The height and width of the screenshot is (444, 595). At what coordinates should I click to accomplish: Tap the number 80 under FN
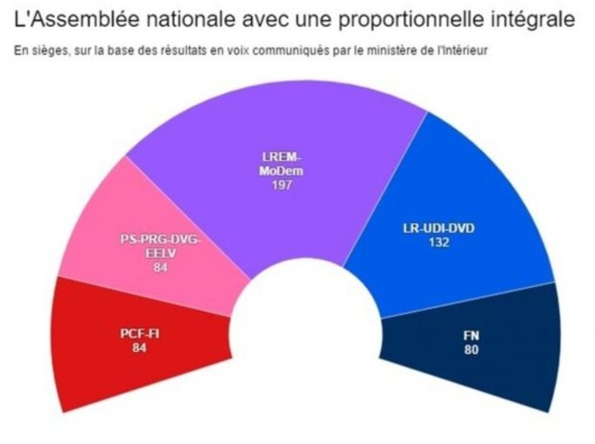(x=471, y=349)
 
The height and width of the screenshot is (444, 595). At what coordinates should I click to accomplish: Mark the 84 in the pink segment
(x=159, y=268)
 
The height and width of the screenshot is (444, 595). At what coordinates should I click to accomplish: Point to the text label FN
(x=471, y=335)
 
